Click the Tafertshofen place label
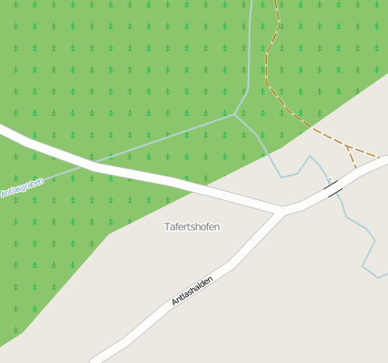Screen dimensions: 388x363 (x=192, y=226)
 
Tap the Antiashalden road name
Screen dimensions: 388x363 (x=192, y=290)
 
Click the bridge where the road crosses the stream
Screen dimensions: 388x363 (x=333, y=188)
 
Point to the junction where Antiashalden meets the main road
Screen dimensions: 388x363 (x=279, y=211)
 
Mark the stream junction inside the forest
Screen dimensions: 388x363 (x=235, y=114)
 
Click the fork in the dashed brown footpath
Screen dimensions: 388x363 (x=346, y=145)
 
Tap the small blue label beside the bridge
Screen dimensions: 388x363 (x=328, y=181)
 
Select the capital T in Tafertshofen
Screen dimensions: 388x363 (x=166, y=226)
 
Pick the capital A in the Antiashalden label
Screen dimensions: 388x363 (x=174, y=302)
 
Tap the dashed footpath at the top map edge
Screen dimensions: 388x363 (x=275, y=2)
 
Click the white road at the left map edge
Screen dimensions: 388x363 (x=3, y=131)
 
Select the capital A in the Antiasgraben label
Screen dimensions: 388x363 (x=4, y=194)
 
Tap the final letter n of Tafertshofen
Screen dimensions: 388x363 (x=217, y=226)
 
